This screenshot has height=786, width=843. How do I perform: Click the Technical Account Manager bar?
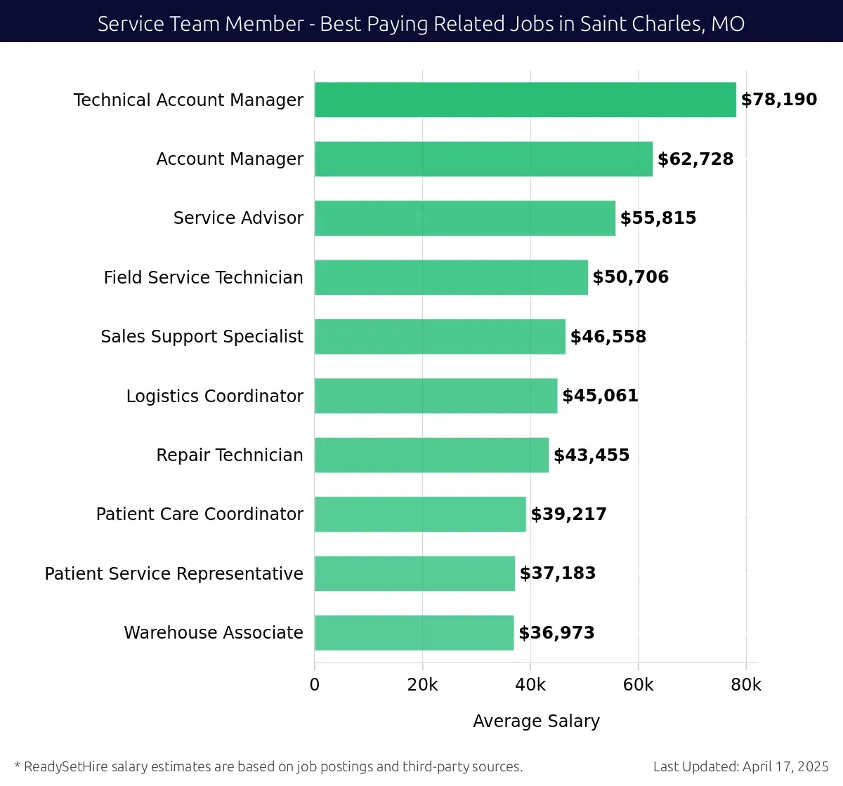click(525, 100)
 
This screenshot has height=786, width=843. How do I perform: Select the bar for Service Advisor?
click(464, 218)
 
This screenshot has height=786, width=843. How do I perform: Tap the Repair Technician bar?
click(431, 455)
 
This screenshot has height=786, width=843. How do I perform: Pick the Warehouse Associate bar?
click(414, 632)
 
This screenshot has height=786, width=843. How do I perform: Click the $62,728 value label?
click(695, 159)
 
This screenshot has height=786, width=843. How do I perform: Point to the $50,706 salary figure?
click(630, 277)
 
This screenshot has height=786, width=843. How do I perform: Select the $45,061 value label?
click(600, 396)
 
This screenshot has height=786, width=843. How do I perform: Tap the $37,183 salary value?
click(557, 573)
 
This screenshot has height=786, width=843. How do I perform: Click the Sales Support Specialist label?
click(202, 337)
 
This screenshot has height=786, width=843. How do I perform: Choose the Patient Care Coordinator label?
click(200, 514)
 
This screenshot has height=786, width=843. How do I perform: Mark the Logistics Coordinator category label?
click(214, 396)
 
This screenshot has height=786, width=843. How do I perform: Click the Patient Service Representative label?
click(174, 573)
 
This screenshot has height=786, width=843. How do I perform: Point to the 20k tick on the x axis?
click(422, 685)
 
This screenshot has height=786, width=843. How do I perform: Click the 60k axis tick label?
click(638, 685)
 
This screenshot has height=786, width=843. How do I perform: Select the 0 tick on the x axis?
click(315, 685)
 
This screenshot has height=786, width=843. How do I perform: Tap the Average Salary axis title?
click(536, 721)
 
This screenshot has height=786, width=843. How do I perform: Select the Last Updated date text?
click(740, 766)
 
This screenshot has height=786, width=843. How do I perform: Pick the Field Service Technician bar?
click(451, 277)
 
